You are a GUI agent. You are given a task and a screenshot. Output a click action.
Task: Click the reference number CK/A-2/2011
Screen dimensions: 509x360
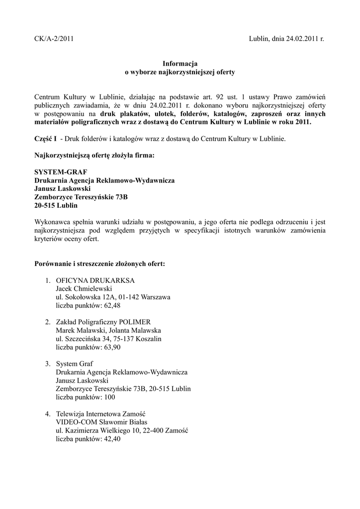pyautogui.click(x=54, y=38)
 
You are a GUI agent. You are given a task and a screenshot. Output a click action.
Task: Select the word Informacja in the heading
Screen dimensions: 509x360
pyautogui.click(x=180, y=64)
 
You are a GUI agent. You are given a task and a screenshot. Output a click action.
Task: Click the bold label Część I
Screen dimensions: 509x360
pyautogui.click(x=45, y=140)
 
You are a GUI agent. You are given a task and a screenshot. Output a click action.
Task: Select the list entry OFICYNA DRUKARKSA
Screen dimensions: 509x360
pyautogui.click(x=95, y=280)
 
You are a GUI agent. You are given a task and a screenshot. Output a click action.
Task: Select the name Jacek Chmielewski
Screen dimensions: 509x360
pyautogui.click(x=84, y=289)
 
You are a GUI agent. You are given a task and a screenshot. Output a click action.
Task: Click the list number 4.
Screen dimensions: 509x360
pyautogui.click(x=47, y=414)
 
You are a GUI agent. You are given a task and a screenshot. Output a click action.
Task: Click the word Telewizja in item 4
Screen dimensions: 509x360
pyautogui.click(x=70, y=414)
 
